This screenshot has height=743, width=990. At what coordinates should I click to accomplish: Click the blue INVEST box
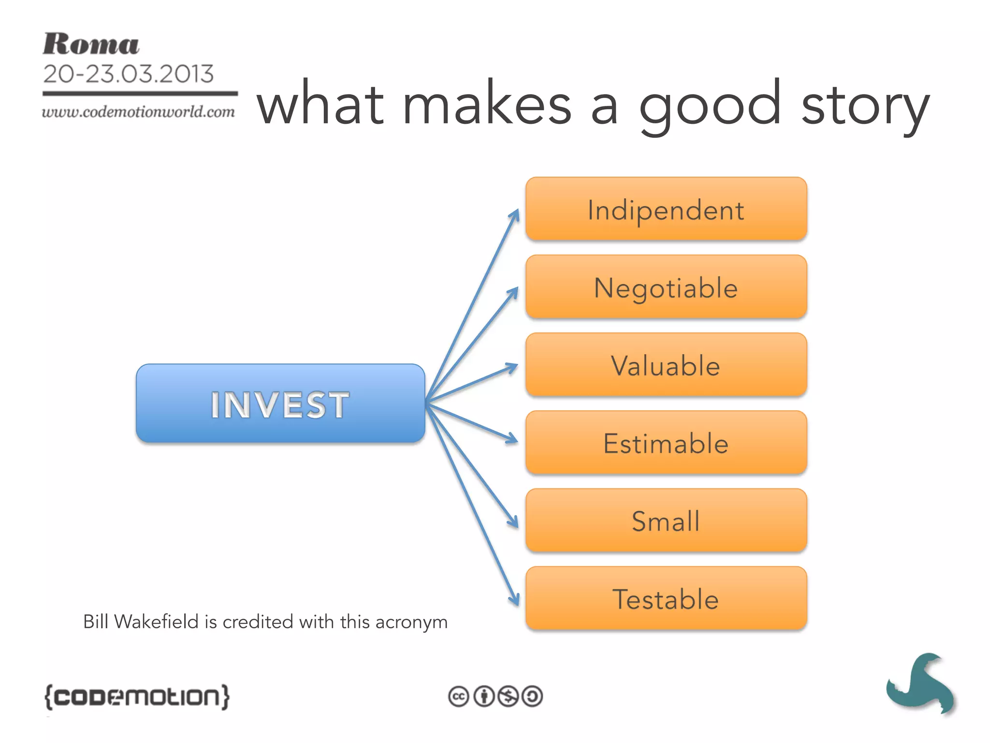click(x=280, y=403)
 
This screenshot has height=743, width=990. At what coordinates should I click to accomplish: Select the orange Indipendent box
click(x=666, y=209)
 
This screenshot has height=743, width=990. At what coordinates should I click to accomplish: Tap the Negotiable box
click(x=666, y=287)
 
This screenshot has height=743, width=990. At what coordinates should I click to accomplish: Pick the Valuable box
click(x=666, y=365)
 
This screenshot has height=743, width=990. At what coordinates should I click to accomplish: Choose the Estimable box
click(x=666, y=443)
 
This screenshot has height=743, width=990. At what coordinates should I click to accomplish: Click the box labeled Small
click(x=666, y=520)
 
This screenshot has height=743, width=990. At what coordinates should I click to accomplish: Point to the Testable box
click(x=666, y=598)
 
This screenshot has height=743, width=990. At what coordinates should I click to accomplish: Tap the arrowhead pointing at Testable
click(x=515, y=599)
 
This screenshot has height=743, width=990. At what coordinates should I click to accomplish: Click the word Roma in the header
click(x=91, y=45)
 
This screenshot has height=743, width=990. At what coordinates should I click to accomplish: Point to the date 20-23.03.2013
click(x=128, y=74)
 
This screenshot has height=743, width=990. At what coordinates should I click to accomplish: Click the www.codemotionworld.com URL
click(x=138, y=112)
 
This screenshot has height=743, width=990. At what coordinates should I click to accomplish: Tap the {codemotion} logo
click(x=137, y=697)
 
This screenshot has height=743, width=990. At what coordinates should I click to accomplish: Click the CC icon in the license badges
click(x=458, y=697)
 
